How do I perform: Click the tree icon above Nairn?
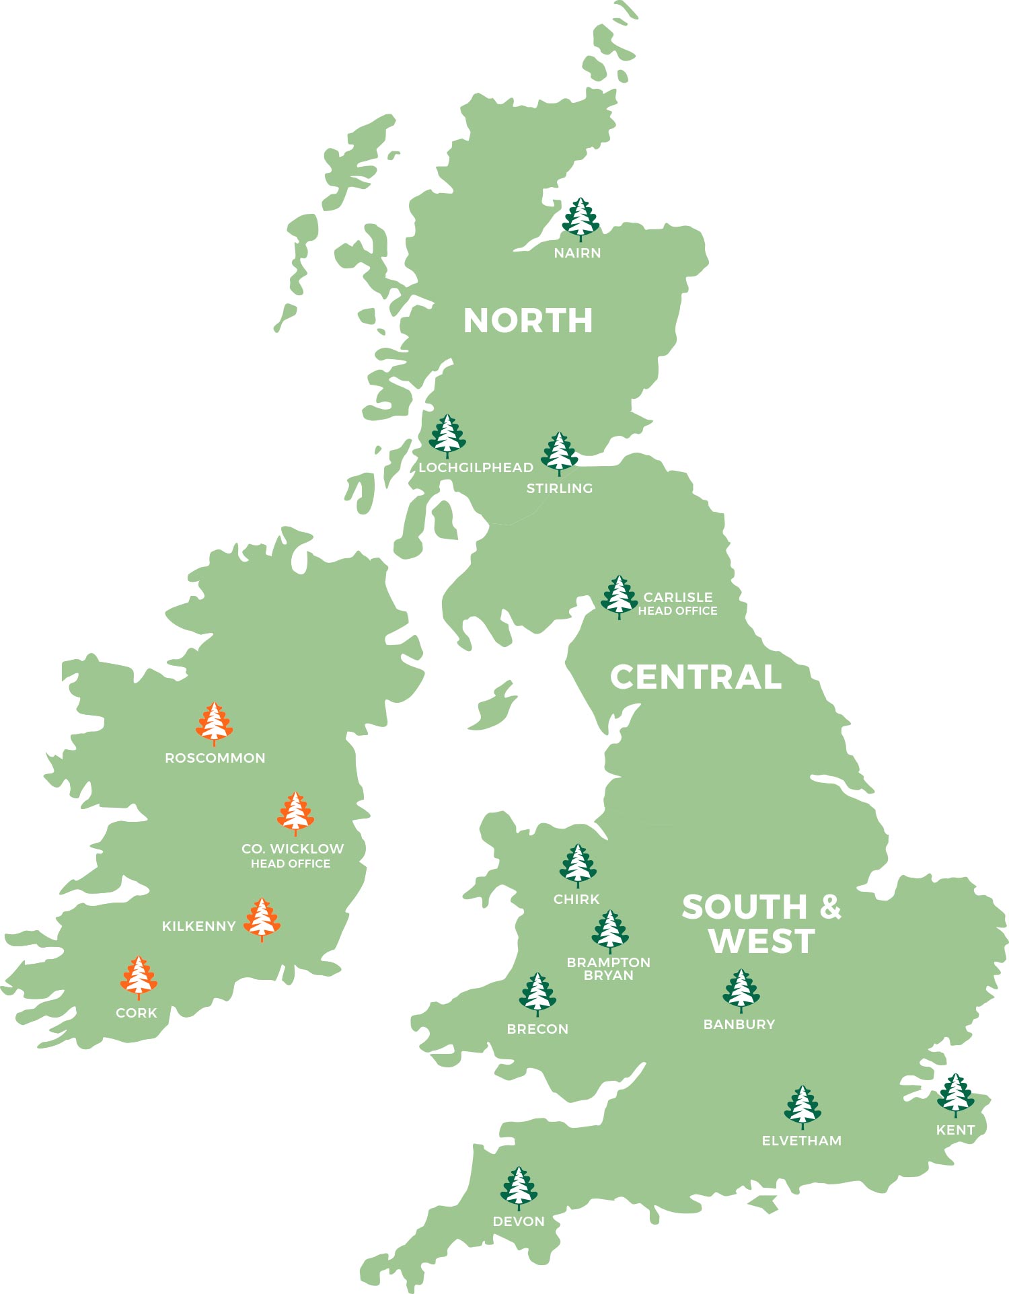580,219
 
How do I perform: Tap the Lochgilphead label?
476,467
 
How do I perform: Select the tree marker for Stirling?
559,453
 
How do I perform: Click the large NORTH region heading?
528,321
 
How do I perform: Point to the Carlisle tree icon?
619,596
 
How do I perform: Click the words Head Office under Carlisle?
677,611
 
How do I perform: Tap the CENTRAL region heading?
696,677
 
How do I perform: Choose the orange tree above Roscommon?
214,723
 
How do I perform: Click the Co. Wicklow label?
293,849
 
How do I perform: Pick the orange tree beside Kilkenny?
262,919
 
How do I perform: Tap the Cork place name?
137,1013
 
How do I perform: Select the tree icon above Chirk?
577,865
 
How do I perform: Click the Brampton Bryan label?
608,968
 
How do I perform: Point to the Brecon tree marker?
537,993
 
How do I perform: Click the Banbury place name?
739,1024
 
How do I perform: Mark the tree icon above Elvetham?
802,1106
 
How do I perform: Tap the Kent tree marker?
955,1095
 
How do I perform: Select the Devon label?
519,1221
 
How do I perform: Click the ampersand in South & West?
831,907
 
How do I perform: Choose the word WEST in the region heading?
761,940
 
